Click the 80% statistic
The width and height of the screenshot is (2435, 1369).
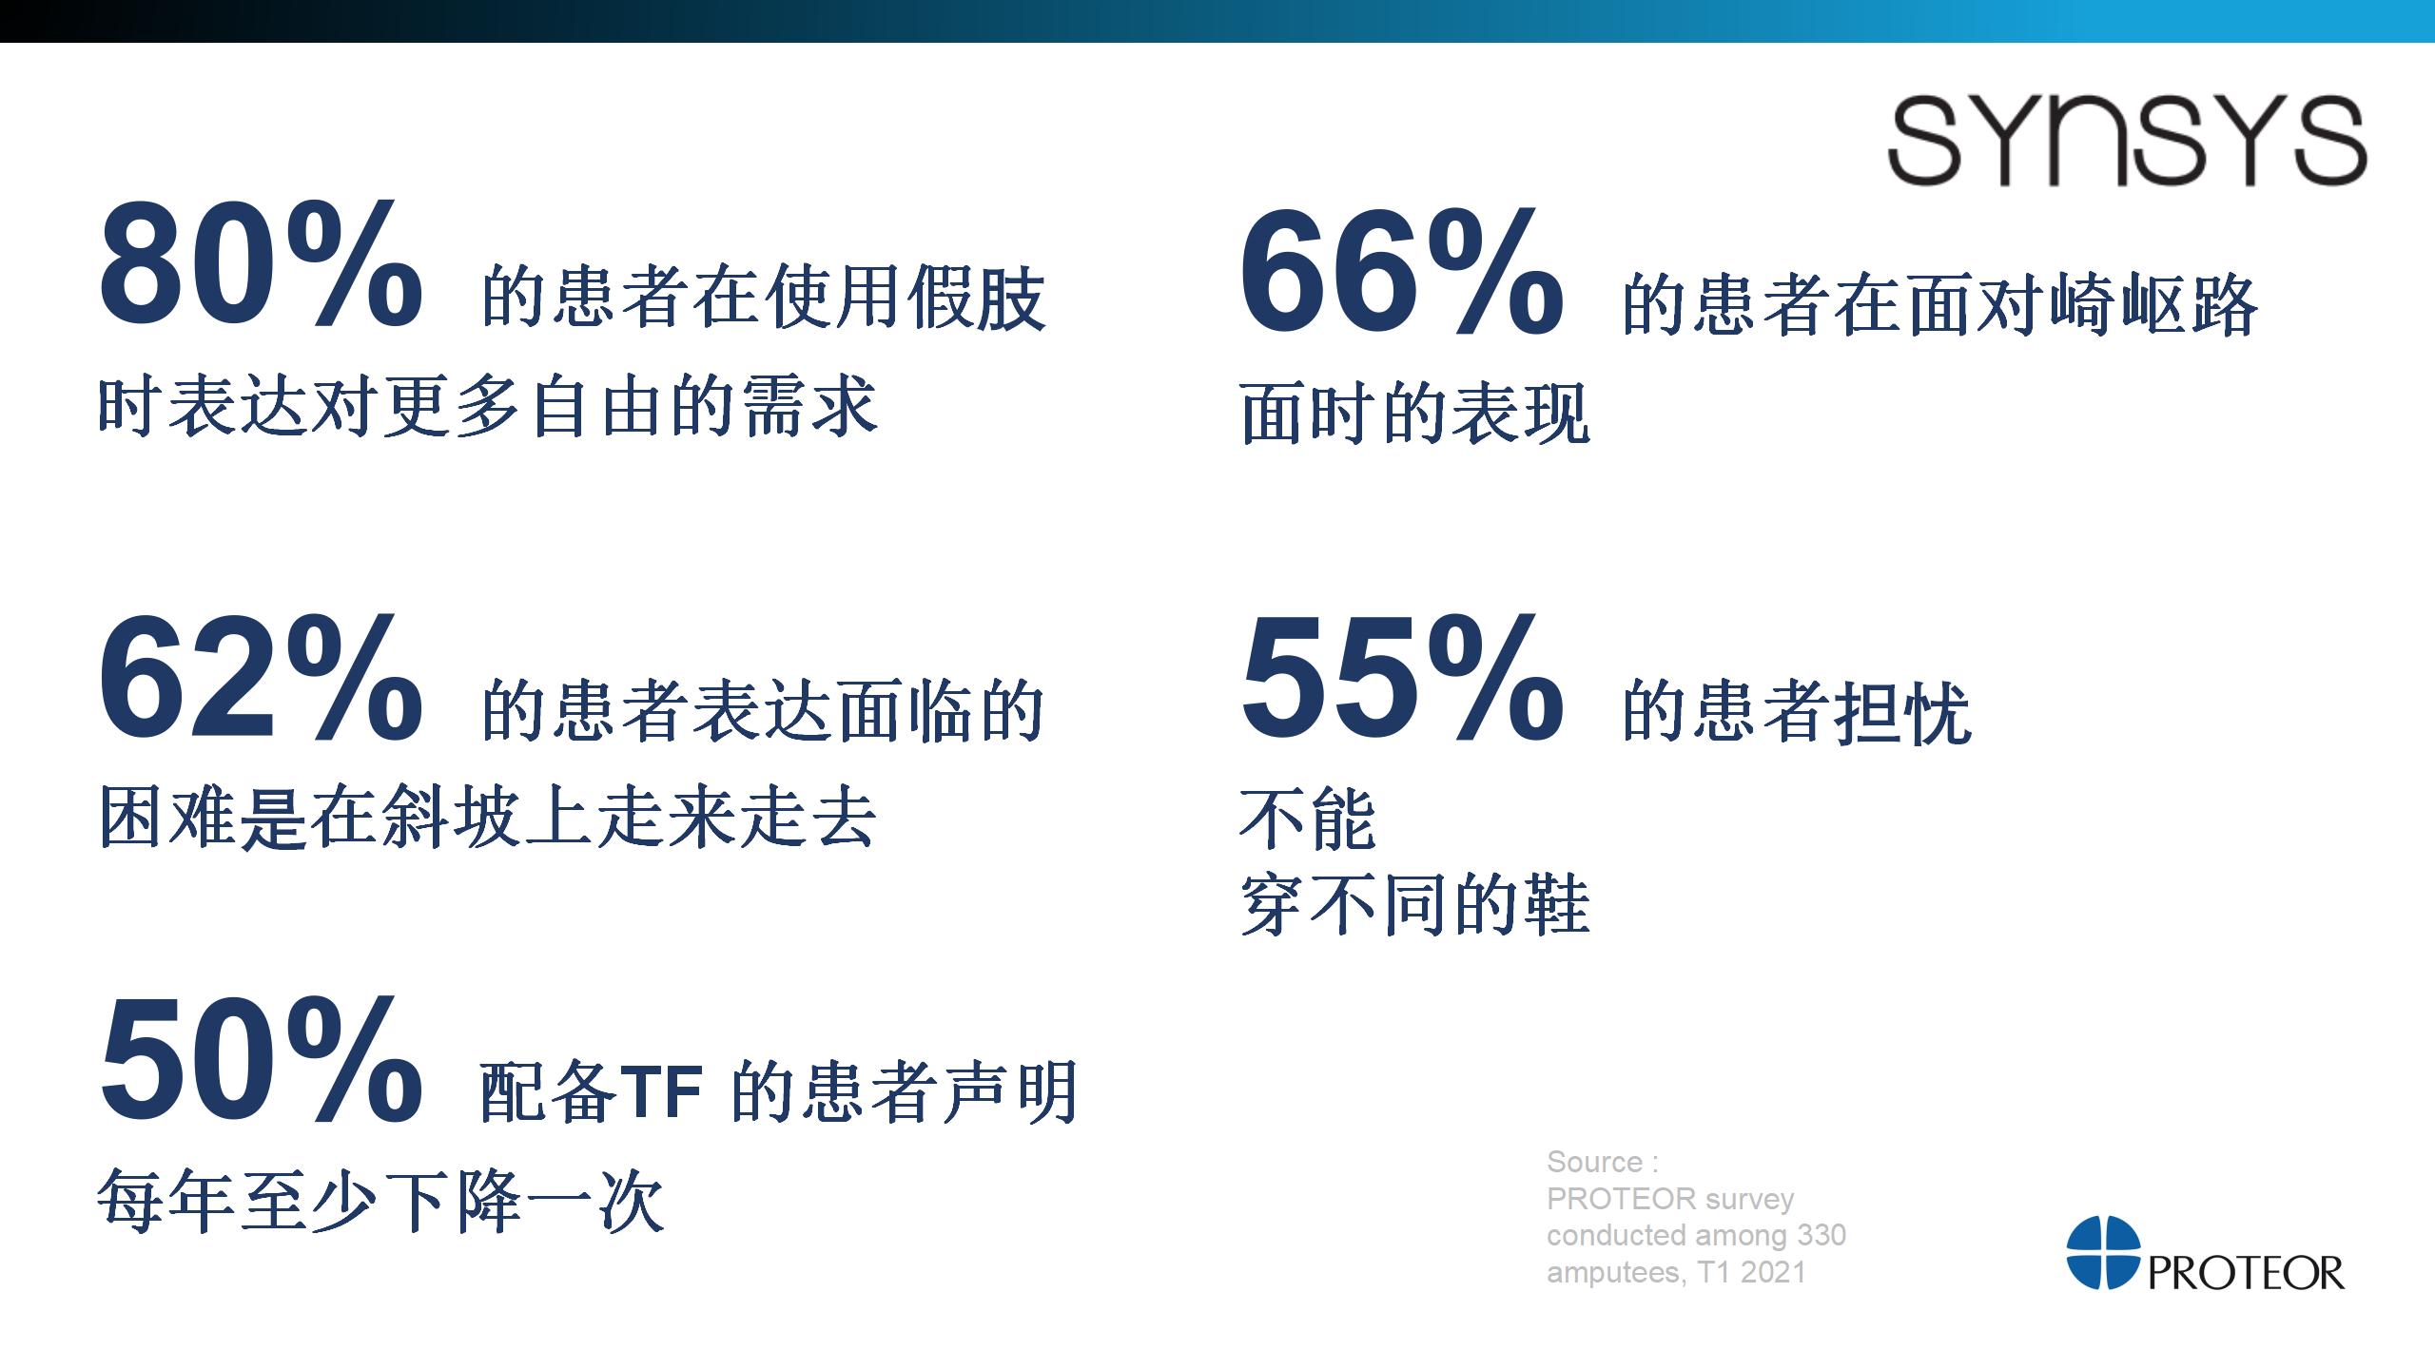261,265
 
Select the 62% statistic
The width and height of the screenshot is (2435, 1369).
261,678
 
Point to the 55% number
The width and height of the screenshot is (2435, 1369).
1402,678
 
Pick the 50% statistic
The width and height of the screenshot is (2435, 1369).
261,1058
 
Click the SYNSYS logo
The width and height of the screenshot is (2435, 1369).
2127,140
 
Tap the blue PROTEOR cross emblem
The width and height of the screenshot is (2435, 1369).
2103,1252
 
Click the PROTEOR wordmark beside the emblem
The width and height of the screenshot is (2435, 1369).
2246,1273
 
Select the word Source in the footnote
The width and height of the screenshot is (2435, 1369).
1594,1162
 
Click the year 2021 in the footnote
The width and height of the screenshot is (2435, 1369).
1773,1272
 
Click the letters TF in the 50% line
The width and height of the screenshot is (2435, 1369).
661,1092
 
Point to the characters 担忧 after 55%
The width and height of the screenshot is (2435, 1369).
1902,712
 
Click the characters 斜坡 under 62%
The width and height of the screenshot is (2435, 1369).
449,817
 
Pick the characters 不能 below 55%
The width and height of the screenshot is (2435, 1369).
1309,819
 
